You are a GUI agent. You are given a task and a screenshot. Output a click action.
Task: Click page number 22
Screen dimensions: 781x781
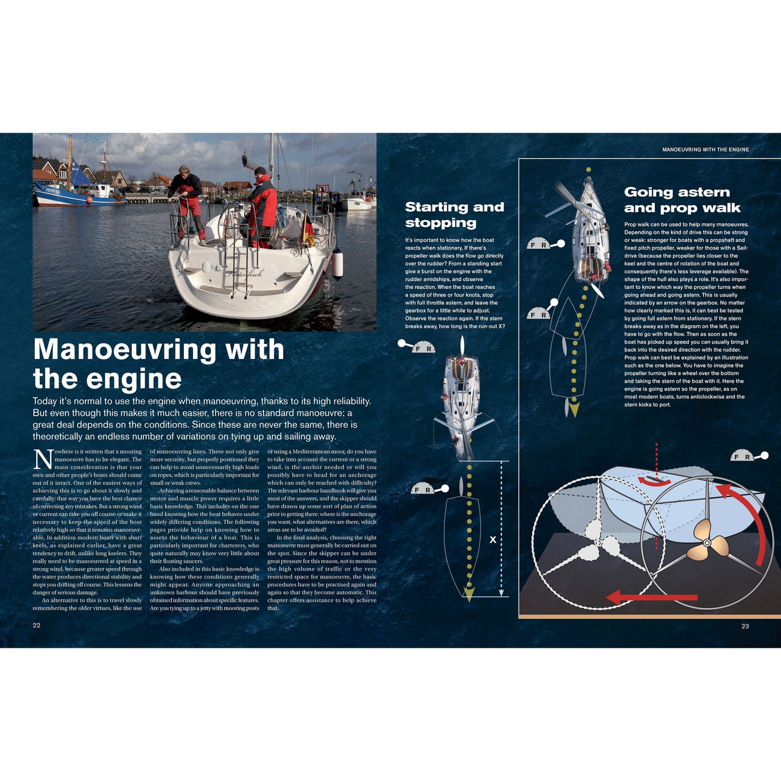tap(37, 625)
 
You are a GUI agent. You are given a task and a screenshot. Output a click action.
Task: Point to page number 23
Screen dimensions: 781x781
tap(745, 626)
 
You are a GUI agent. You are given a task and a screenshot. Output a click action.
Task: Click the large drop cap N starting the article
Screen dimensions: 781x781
tap(42, 460)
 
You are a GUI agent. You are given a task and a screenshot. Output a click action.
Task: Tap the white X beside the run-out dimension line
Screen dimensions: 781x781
tap(493, 540)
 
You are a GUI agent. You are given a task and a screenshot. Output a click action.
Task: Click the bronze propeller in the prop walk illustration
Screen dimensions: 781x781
tap(707, 544)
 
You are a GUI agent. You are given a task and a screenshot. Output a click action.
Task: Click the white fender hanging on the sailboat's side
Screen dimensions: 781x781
tap(337, 264)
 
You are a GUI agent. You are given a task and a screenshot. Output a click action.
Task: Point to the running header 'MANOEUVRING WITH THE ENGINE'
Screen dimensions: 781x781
tap(705, 149)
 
